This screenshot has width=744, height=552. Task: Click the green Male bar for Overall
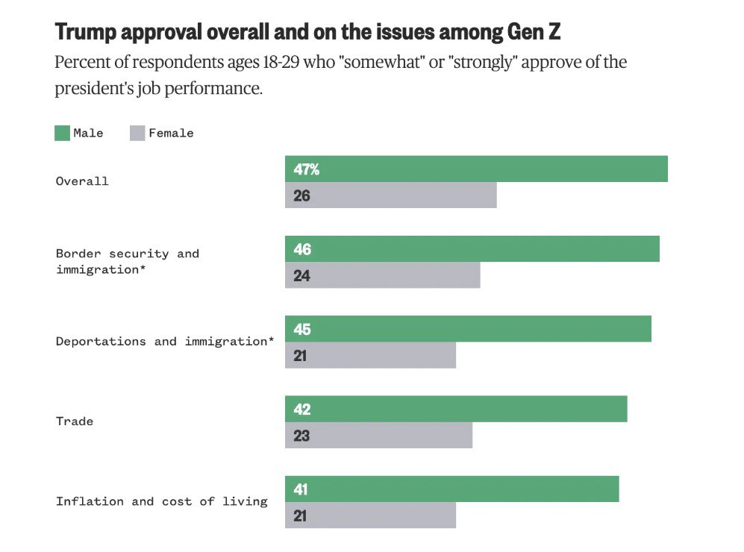tap(476, 169)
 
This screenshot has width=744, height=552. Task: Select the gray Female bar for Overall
tap(390, 196)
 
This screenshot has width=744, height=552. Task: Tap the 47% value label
tap(306, 169)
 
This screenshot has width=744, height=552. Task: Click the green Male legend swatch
tap(62, 134)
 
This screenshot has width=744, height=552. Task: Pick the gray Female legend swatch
tap(137, 134)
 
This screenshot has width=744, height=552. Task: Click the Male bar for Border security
tap(472, 249)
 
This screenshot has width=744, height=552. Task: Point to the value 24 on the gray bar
tap(301, 276)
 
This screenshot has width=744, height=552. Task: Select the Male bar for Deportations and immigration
tap(468, 329)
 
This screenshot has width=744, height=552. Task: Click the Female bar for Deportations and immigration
tap(370, 356)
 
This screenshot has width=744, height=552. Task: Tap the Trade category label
tap(75, 421)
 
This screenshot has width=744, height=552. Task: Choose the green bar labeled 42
tap(456, 410)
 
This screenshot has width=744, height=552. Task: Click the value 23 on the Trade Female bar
tap(301, 436)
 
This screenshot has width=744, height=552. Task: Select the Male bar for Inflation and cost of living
tap(451, 489)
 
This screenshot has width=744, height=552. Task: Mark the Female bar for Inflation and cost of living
tap(370, 516)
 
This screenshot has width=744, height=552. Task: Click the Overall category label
tap(82, 181)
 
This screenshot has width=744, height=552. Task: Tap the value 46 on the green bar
tap(302, 249)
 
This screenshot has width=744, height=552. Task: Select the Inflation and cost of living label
tap(161, 501)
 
